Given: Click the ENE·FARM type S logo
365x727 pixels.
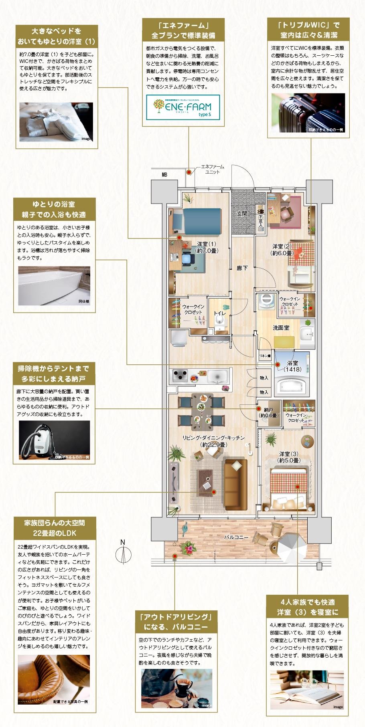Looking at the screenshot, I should [182, 107].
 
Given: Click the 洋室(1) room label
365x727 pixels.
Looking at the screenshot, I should [207, 247].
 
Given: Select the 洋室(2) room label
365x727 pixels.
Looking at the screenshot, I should [283, 249].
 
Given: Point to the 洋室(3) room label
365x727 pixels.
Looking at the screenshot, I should [289, 457].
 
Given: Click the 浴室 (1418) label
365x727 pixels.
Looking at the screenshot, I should [292, 366].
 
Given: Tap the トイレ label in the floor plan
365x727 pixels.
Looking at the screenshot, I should [219, 313].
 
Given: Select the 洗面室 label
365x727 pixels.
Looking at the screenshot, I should [281, 328].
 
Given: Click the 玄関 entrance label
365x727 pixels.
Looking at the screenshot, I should [242, 214].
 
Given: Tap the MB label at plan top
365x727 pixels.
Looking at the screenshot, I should [164, 175].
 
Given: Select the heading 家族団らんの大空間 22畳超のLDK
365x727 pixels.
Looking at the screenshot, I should [55, 528].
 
